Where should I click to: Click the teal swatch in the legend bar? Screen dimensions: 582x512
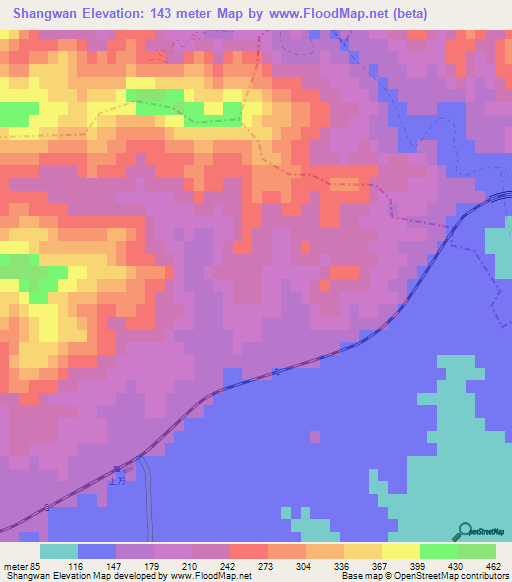point(59,551)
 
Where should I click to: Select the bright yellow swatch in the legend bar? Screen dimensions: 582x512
point(401,551)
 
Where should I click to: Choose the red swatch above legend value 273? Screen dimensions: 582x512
point(249,551)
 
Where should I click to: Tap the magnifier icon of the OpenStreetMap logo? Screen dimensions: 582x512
point(466,531)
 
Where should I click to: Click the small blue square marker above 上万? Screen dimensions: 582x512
point(116,467)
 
